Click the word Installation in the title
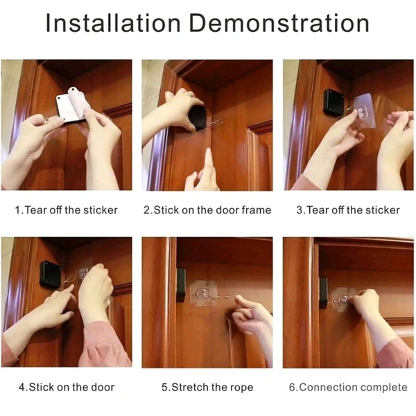(113, 23)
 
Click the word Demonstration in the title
(279, 23)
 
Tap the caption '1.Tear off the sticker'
(67, 210)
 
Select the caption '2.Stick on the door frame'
(207, 210)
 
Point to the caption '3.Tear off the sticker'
(348, 210)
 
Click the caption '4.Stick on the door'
(67, 388)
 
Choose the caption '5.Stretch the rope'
(207, 388)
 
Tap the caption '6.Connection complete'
(348, 388)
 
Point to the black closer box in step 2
(197, 118)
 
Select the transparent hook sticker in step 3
(365, 111)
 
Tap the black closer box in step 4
(51, 275)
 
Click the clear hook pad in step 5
(204, 294)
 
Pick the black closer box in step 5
(181, 285)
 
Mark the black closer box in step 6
(323, 293)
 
